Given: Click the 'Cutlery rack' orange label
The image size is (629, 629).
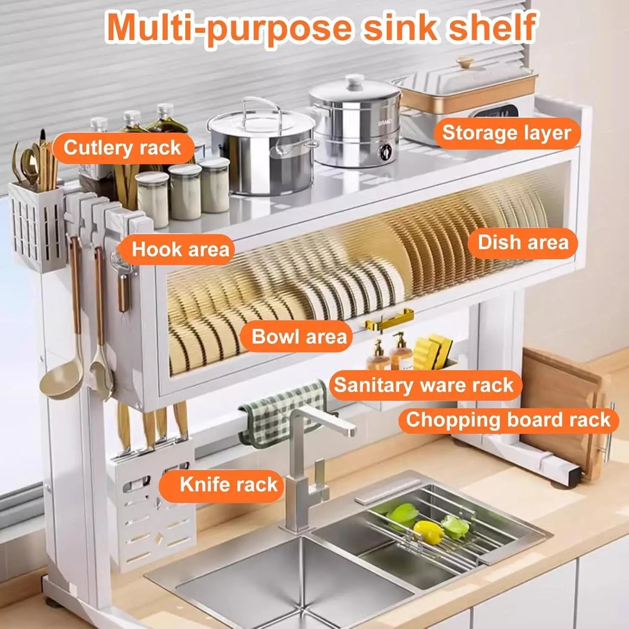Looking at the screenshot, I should tap(122, 148).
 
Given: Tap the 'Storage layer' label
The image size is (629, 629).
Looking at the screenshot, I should tap(507, 133).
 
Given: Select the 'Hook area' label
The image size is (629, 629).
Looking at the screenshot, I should tap(180, 250).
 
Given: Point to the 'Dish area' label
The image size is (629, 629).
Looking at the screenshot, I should tap(523, 243).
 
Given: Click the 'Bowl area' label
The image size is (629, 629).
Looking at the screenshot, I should tap(299, 337).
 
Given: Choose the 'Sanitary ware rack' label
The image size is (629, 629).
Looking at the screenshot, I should tap(424, 385).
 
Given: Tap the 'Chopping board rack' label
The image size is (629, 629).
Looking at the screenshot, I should tap(508, 420).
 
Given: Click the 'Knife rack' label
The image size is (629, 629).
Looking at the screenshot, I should tap(229, 484).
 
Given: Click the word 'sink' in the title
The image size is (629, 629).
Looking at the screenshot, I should tap(396, 27).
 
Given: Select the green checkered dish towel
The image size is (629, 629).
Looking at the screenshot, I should tap(285, 409).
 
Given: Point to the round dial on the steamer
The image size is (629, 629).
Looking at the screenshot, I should tap(385, 152).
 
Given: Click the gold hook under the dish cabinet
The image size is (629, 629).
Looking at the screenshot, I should tap(388, 320).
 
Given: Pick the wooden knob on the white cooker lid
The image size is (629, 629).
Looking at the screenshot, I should tap(465, 64).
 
